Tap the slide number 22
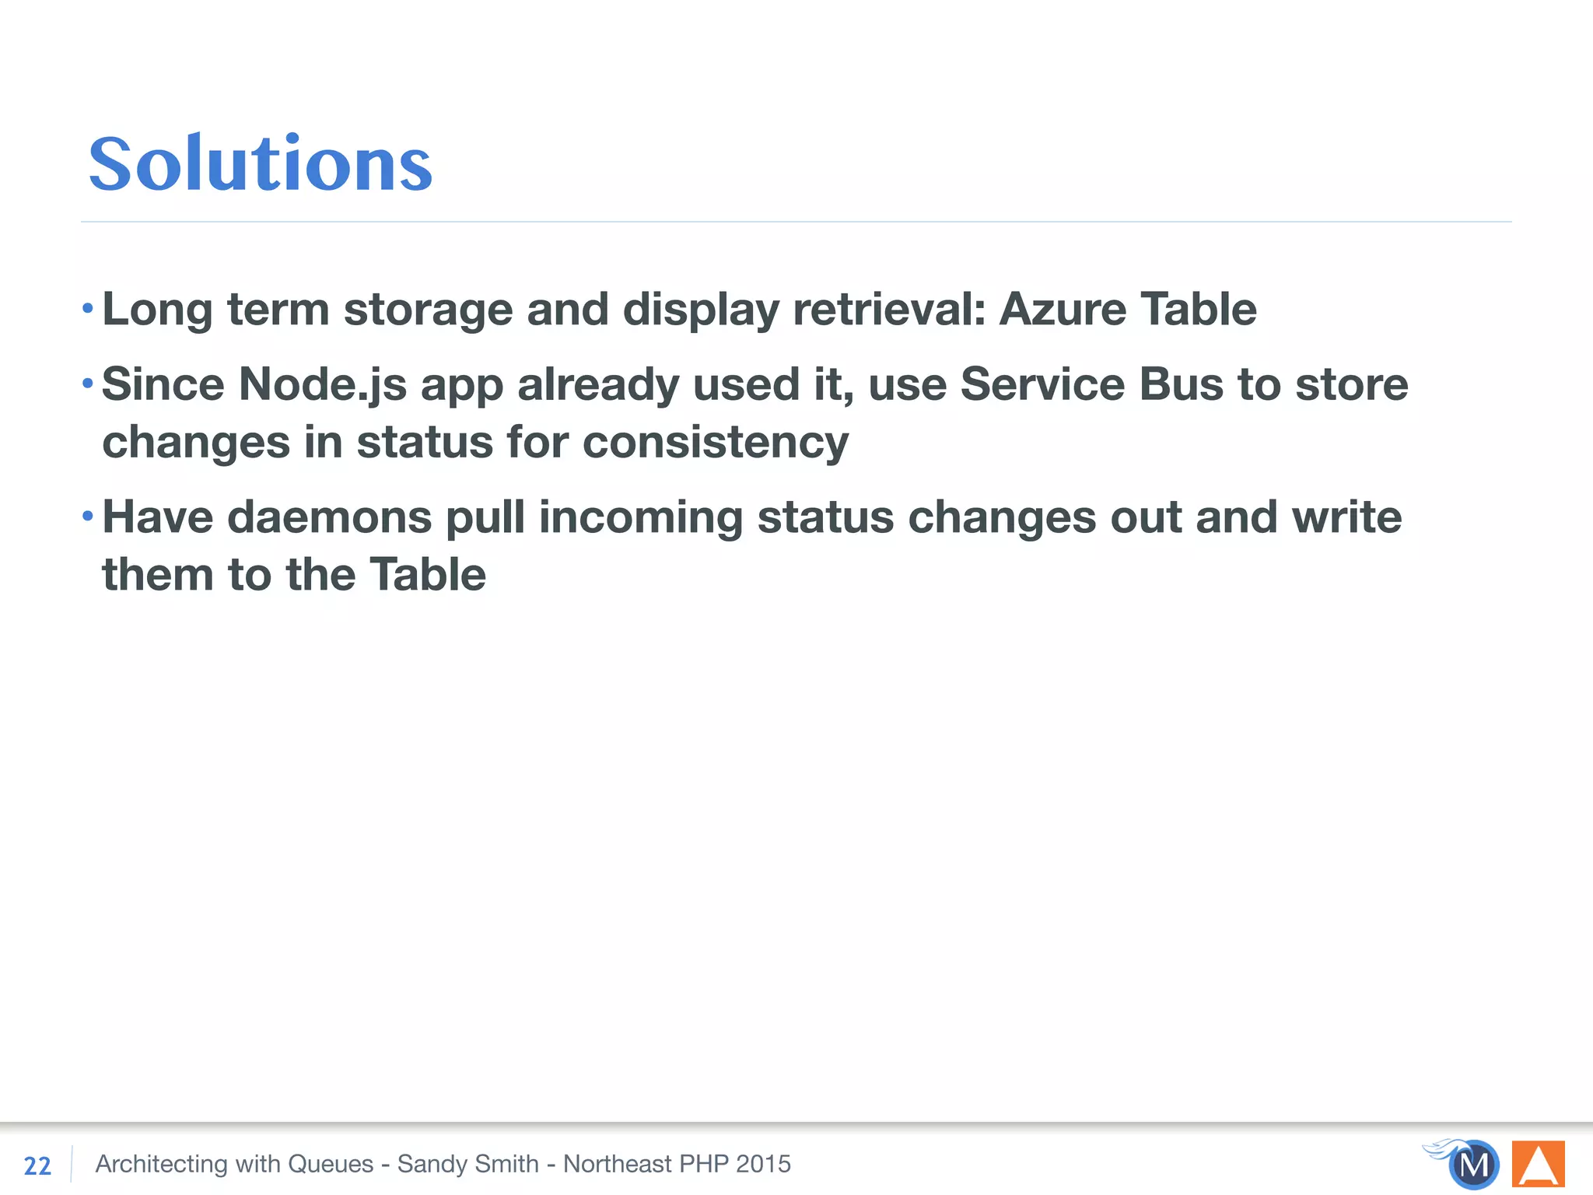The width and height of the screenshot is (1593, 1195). [37, 1165]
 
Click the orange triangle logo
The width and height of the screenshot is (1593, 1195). [1538, 1164]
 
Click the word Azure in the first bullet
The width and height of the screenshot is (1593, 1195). [1063, 310]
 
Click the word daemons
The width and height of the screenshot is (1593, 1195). [329, 517]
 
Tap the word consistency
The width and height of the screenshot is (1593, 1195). [716, 443]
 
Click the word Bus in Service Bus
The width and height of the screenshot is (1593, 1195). [1182, 384]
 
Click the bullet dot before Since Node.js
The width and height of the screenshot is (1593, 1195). [88, 383]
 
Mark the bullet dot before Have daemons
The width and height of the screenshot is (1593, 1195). [88, 516]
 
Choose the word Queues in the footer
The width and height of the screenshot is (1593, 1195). [331, 1164]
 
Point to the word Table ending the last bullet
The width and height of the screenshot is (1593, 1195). [427, 575]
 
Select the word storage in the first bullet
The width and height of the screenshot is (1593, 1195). [428, 310]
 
